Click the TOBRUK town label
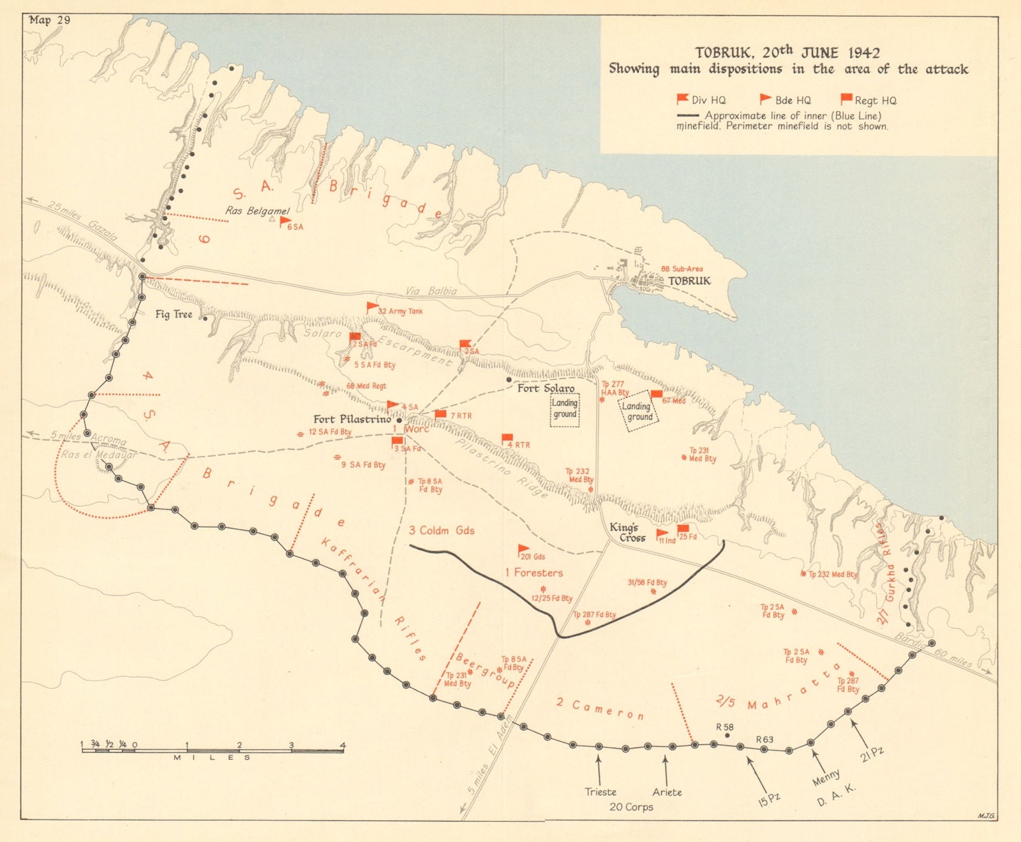pyautogui.click(x=689, y=281)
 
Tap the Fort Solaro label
pyautogui.click(x=546, y=388)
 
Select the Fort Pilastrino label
pyautogui.click(x=352, y=419)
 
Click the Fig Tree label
pyautogui.click(x=174, y=314)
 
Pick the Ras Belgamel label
pyautogui.click(x=257, y=211)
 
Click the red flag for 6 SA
pyautogui.click(x=285, y=223)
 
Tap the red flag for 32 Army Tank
pyautogui.click(x=372, y=307)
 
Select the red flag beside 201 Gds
pyautogui.click(x=523, y=549)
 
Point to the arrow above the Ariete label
pyautogui.click(x=666, y=769)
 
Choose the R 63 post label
pyautogui.click(x=764, y=740)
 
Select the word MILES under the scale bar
pyautogui.click(x=212, y=758)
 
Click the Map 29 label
pyautogui.click(x=50, y=20)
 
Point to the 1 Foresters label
pyautogui.click(x=534, y=573)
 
